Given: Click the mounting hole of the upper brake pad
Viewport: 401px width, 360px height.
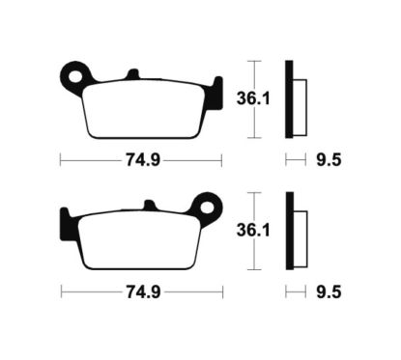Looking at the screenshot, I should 72,71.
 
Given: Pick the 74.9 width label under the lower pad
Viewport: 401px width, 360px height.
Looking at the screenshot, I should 140,290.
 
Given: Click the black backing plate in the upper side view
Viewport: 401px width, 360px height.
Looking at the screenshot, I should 288,97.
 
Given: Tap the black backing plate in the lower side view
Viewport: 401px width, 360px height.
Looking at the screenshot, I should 288,231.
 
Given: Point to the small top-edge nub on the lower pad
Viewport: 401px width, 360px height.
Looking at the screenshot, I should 149,206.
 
